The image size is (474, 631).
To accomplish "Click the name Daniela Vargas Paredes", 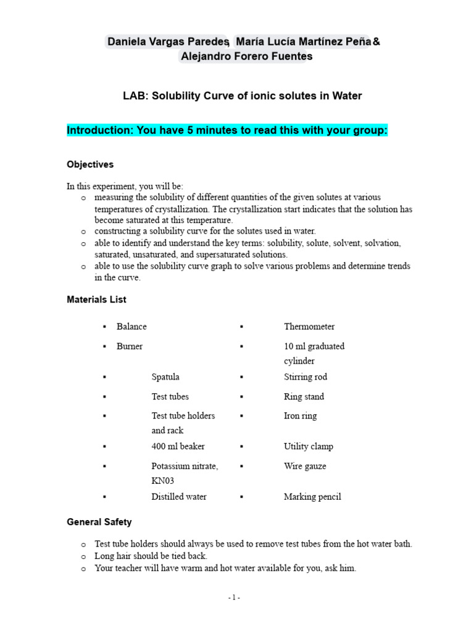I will (x=167, y=41).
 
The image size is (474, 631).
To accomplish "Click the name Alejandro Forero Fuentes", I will (x=246, y=57).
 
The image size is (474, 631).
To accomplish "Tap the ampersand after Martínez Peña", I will (x=376, y=41).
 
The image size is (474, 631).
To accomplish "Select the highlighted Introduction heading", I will (x=227, y=131).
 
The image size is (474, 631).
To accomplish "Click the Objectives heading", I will (x=90, y=165).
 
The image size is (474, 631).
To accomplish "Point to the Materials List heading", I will (x=96, y=299).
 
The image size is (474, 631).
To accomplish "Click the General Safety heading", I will (x=99, y=522).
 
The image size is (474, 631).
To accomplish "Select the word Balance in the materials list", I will (x=131, y=327).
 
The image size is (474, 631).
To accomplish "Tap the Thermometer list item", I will (x=309, y=327).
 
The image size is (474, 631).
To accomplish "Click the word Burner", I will (x=130, y=346).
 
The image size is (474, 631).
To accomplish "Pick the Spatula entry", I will (x=165, y=377).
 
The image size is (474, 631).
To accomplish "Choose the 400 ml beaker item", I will (x=178, y=446).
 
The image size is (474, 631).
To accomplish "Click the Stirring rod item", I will (x=306, y=377).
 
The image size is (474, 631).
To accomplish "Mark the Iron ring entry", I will (x=300, y=416).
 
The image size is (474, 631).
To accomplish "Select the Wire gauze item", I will (x=305, y=466).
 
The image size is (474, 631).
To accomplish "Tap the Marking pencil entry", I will (x=312, y=497).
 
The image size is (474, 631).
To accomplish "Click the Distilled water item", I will (x=179, y=497).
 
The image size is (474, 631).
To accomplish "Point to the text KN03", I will (x=164, y=481).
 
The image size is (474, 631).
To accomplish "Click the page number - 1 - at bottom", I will (x=233, y=598).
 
